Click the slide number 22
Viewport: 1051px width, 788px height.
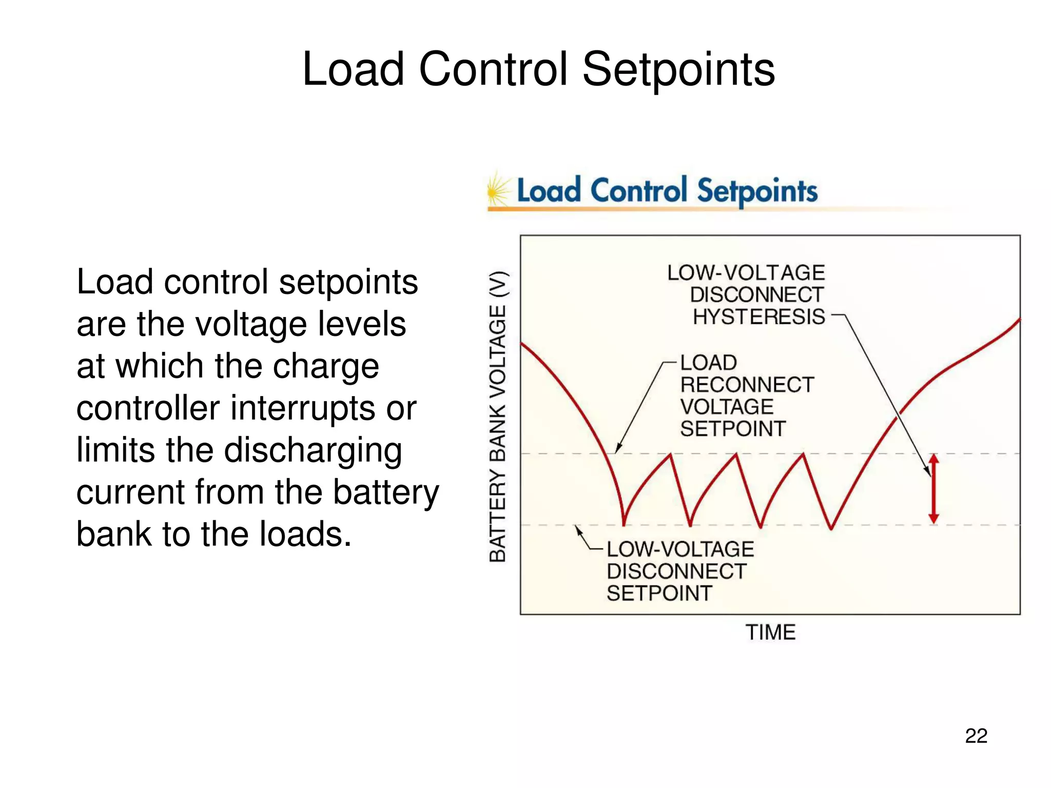pos(976,736)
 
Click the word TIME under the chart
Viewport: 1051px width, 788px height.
pos(770,632)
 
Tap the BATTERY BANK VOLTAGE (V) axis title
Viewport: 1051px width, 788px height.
pos(498,416)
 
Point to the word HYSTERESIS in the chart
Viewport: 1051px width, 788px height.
pos(758,317)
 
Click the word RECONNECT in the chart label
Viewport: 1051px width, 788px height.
pos(747,385)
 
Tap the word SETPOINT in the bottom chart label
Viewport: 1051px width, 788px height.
pos(659,594)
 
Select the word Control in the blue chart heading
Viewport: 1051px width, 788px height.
pos(638,191)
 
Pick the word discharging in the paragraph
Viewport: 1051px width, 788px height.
pos(313,450)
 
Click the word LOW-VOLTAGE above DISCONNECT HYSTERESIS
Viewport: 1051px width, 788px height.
pos(746,272)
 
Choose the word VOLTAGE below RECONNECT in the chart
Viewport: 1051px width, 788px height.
pos(727,407)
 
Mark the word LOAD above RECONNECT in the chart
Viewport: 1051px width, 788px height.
pos(709,363)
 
